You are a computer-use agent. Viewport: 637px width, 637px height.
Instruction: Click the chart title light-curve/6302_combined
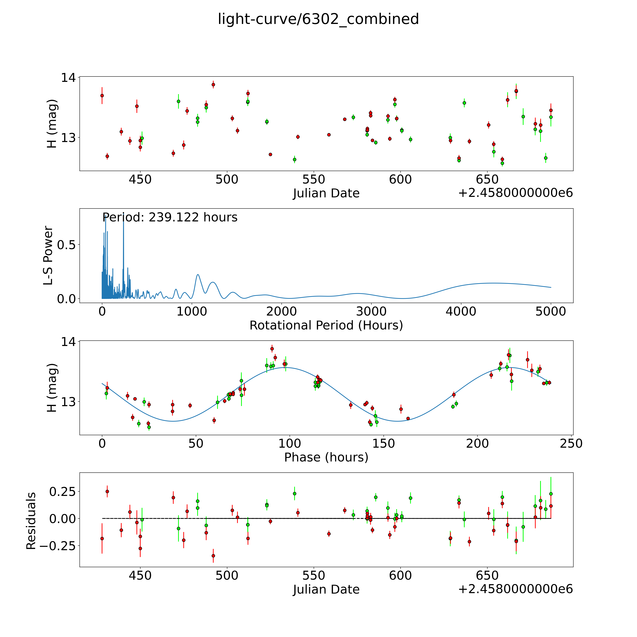coord(318,19)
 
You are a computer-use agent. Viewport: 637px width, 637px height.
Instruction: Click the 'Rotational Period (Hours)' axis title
coord(326,325)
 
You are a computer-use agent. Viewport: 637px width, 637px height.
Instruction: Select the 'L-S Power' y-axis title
coord(48,256)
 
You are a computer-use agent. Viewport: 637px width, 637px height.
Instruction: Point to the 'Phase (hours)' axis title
coord(326,457)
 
